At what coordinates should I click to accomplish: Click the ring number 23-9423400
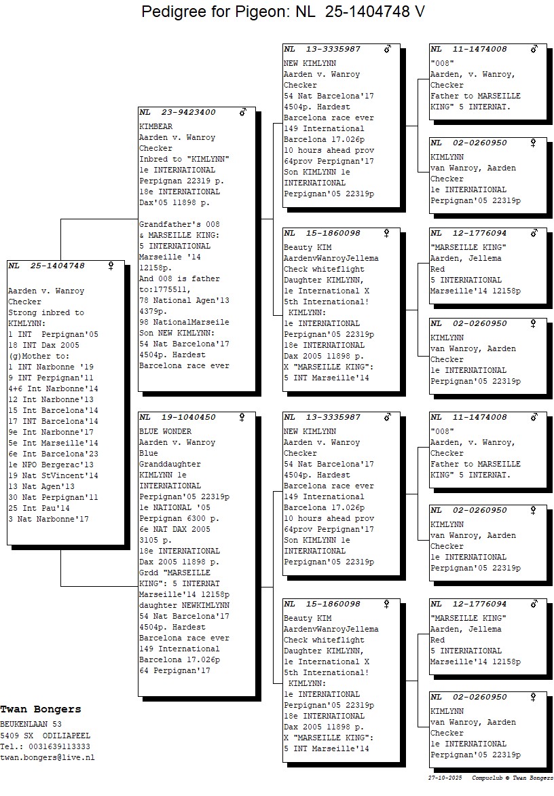click(188, 112)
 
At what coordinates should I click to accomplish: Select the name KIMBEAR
click(155, 126)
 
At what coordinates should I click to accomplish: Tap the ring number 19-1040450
click(188, 417)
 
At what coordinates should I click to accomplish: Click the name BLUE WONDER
click(166, 431)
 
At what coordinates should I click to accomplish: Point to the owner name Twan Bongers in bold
click(41, 709)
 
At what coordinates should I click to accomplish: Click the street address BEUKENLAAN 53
click(31, 724)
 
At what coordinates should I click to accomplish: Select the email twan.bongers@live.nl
click(47, 757)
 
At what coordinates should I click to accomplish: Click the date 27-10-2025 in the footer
click(445, 778)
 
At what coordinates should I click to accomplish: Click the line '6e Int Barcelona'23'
click(53, 454)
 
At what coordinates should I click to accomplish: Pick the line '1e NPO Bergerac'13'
click(51, 465)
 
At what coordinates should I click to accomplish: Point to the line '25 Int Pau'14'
click(39, 508)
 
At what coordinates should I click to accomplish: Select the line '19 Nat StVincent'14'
click(53, 475)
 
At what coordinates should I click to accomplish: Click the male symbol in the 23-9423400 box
click(243, 111)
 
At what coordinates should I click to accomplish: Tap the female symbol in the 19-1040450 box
click(242, 417)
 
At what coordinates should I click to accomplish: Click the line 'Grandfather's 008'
click(180, 224)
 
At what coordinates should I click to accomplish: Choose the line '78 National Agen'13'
click(184, 300)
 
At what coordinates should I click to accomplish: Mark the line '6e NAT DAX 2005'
click(175, 529)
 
